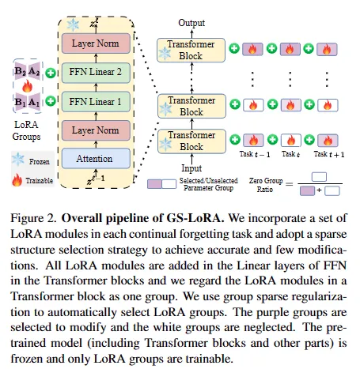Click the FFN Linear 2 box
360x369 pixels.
[96, 73]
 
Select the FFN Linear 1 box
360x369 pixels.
[96, 102]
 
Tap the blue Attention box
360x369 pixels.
[96, 158]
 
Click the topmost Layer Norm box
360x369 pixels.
[96, 43]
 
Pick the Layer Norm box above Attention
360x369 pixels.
[96, 130]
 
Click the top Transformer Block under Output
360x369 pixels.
[191, 50]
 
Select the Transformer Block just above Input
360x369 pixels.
[191, 141]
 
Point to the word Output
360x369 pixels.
[191, 23]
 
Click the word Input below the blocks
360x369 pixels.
[191, 168]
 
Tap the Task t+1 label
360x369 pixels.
[329, 154]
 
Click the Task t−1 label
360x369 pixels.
[255, 154]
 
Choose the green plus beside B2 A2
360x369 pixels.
[51, 73]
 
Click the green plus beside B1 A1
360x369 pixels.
[51, 101]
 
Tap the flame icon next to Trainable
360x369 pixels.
[17, 180]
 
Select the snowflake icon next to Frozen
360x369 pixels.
[18, 160]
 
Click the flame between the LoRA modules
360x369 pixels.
[27, 86]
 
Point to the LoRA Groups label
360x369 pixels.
[26, 130]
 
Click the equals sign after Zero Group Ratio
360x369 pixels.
[290, 184]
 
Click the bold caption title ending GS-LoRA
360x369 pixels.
[142, 218]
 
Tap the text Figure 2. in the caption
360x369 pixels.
[33, 218]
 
